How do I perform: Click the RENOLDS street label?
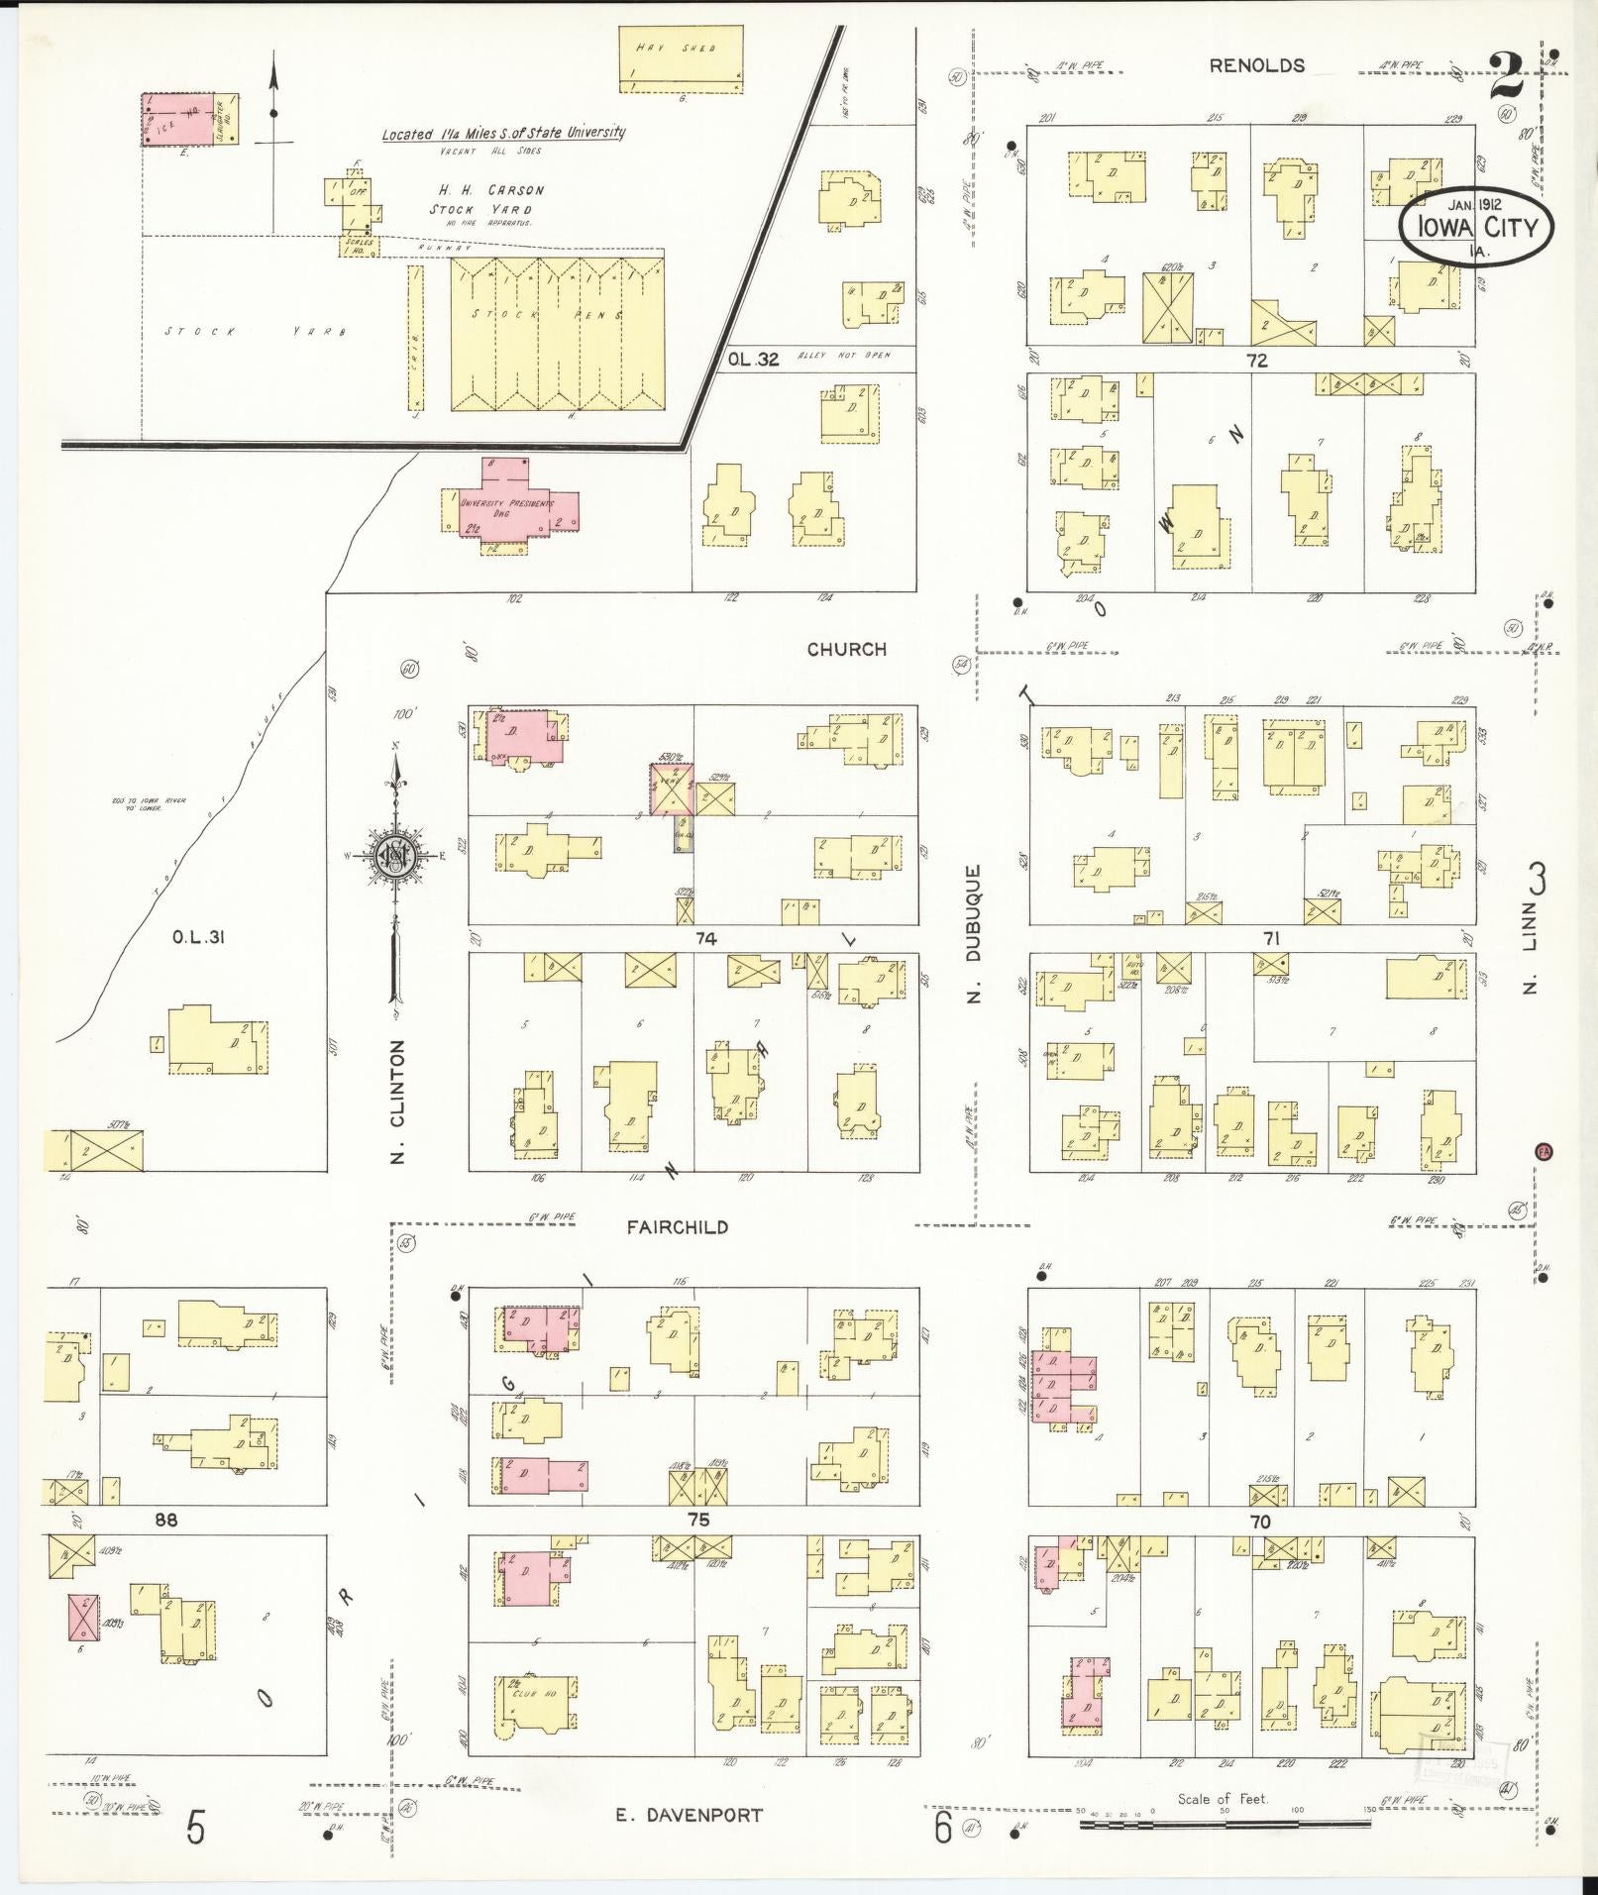coord(1256,66)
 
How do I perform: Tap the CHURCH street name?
coord(846,650)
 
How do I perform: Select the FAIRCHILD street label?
coord(677,1227)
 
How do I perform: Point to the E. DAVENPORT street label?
coord(689,1815)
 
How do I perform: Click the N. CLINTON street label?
coord(398,1101)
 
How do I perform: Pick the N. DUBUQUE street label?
coord(974,934)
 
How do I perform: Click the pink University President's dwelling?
coord(511,505)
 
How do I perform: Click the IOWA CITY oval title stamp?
coord(1475,227)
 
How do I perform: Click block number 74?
coord(705,938)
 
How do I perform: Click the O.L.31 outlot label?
coord(198,936)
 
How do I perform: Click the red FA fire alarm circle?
coord(1543,1151)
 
